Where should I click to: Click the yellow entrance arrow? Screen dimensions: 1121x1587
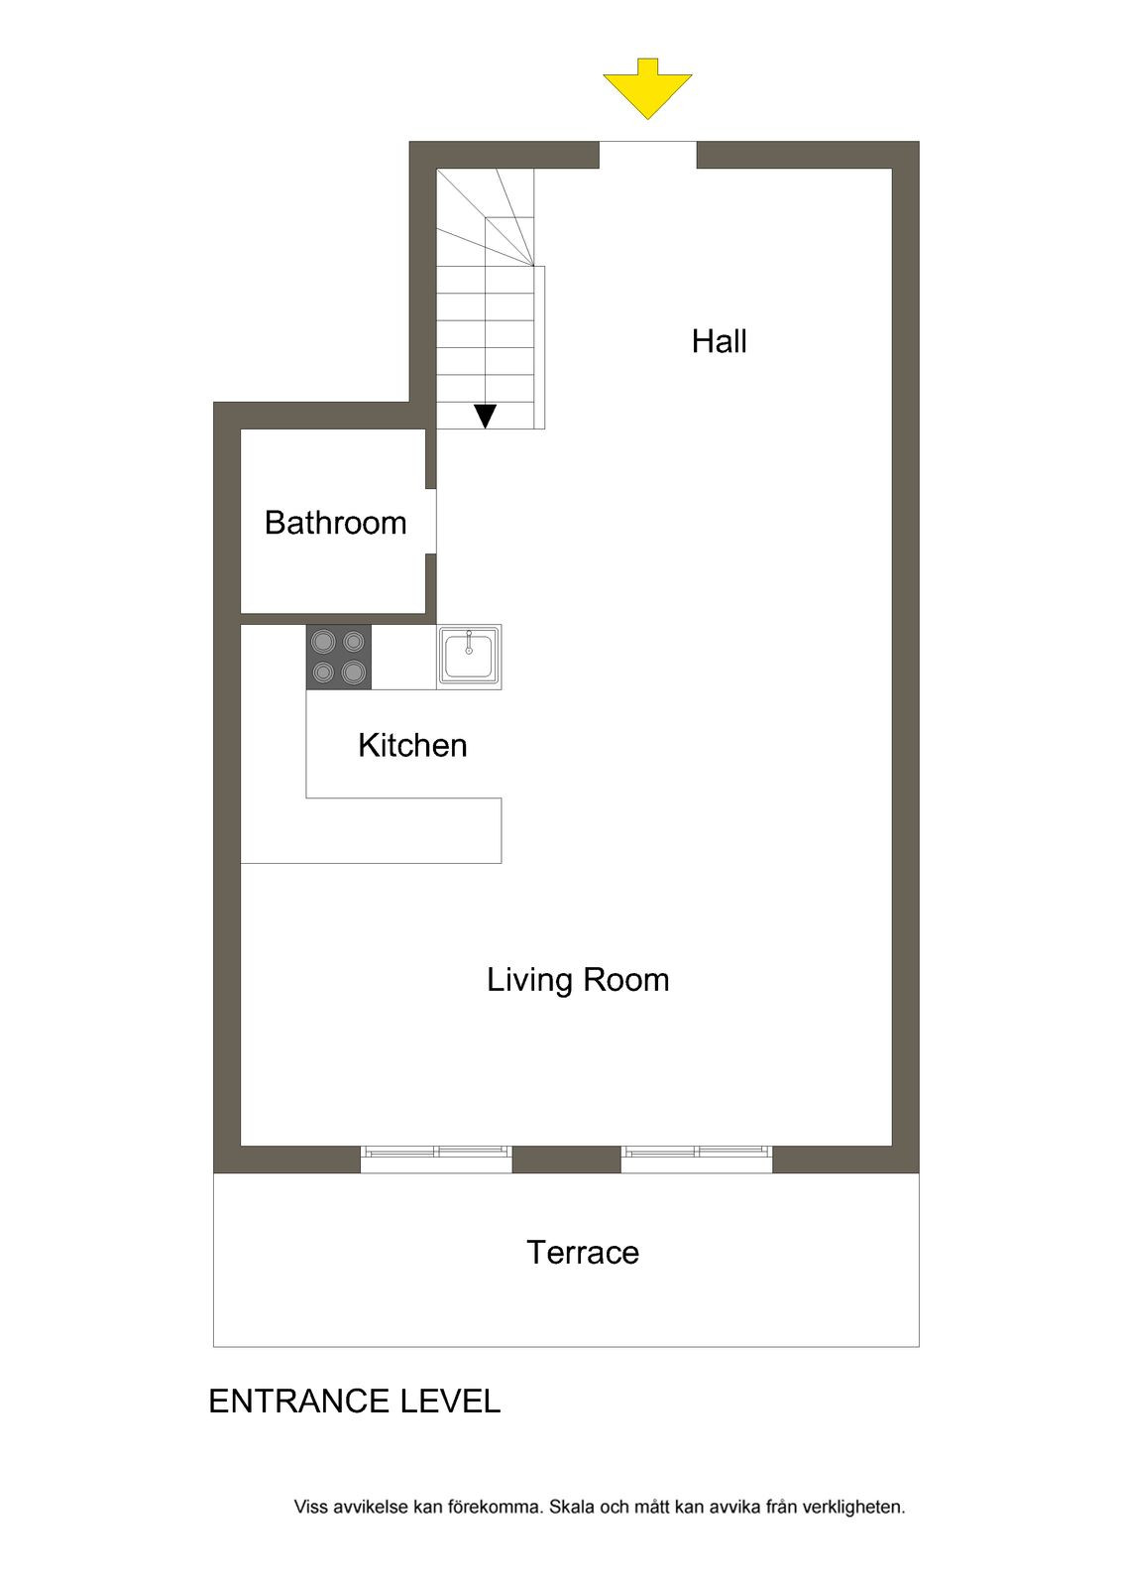pos(647,88)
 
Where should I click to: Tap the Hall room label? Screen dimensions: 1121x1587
pos(719,341)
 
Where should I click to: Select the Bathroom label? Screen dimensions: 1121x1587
pos(336,523)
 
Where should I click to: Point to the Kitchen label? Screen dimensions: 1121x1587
pos(412,745)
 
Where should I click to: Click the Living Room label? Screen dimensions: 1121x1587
pos(578,981)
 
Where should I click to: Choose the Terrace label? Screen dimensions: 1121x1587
pos(582,1253)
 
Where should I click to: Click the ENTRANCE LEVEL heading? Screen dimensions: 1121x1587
pos(355,1402)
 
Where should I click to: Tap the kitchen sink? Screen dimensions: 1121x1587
pos(469,656)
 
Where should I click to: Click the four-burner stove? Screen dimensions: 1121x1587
pos(339,657)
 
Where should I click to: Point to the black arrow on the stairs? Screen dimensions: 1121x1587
pos(485,416)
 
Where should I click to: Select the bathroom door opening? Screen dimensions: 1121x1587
pos(430,522)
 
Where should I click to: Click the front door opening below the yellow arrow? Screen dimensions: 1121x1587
pos(648,155)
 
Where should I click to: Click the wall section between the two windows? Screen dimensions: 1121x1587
pos(567,1160)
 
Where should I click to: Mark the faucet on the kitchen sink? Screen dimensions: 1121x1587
pos(469,642)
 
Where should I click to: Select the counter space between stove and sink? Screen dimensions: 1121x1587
pos(403,657)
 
